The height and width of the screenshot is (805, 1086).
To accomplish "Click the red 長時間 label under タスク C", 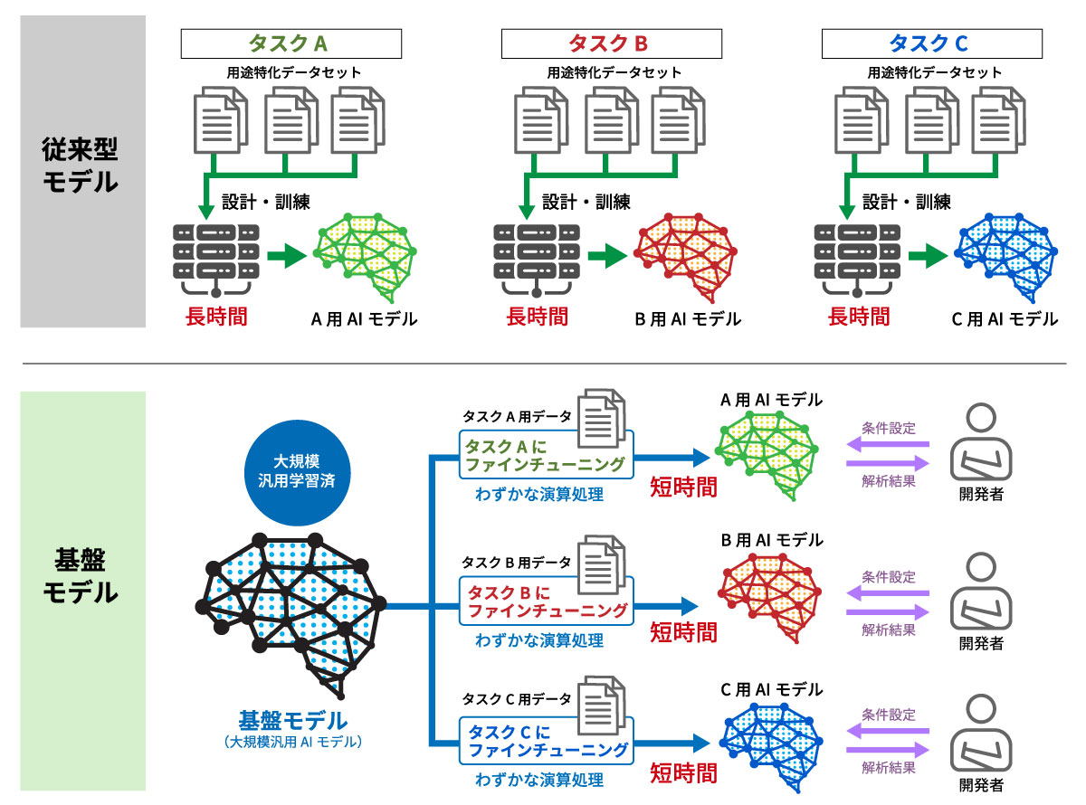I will tap(859, 317).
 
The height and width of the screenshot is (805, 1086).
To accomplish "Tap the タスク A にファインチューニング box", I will tap(546, 456).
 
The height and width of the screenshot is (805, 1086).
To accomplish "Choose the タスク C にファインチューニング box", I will tap(546, 741).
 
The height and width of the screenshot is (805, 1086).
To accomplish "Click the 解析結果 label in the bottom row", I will tap(888, 768).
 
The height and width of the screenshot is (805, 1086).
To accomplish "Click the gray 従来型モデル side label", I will tap(82, 169).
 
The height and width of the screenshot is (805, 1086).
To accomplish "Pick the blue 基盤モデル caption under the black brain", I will tap(292, 721).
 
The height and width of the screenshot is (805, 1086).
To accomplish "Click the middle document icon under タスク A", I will tap(289, 123).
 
